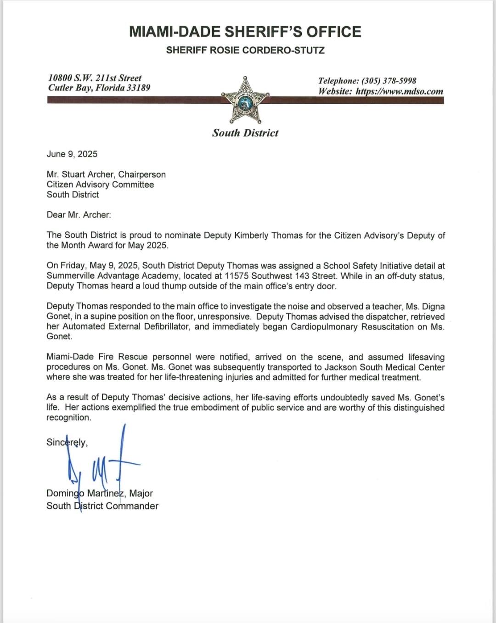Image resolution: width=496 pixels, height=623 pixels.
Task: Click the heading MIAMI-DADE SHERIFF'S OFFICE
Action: pyautogui.click(x=245, y=32)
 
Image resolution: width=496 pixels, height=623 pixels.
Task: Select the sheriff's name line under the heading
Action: pyautogui.click(x=245, y=50)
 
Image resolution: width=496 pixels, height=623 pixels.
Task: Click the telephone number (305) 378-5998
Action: pyautogui.click(x=389, y=81)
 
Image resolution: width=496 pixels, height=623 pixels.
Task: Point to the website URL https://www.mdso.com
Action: pyautogui.click(x=400, y=91)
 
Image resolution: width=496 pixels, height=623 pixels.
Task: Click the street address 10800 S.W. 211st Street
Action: pyautogui.click(x=95, y=78)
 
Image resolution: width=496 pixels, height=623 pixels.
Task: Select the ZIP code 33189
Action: pyautogui.click(x=138, y=88)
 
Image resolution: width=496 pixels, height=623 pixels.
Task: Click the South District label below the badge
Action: pyautogui.click(x=245, y=133)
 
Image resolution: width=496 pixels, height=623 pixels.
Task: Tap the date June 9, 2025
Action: pyautogui.click(x=72, y=154)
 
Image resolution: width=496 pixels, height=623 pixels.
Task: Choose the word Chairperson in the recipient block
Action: pyautogui.click(x=142, y=174)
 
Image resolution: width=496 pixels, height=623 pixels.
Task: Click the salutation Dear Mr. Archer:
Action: pyautogui.click(x=79, y=214)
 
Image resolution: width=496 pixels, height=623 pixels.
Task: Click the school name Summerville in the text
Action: pyautogui.click(x=70, y=275)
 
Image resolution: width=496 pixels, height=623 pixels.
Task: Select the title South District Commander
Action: pyautogui.click(x=102, y=505)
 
